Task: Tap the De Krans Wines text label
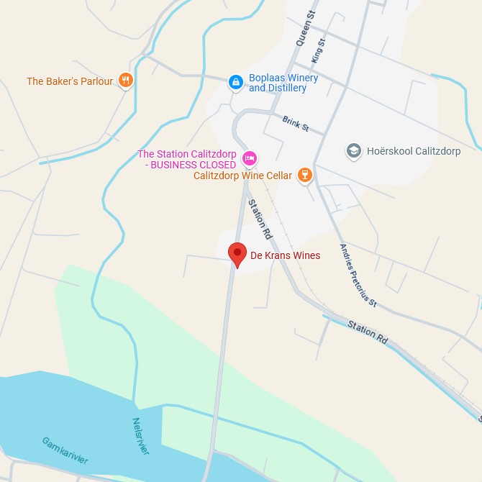coord(285,255)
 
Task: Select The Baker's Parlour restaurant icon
coord(126,81)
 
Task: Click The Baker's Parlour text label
coord(70,81)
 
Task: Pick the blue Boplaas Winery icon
coord(235,83)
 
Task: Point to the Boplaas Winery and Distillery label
coord(278,83)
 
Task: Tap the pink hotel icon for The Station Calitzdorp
coord(250,158)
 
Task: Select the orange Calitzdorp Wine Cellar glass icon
coord(305,175)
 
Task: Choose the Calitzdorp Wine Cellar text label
coord(242,176)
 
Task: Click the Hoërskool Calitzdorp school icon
coord(353,151)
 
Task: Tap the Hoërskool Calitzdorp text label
coord(414,151)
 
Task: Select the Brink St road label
coord(295,124)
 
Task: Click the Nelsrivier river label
coord(141,437)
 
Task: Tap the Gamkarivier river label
coord(65,450)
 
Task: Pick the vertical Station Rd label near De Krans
coord(260,219)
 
